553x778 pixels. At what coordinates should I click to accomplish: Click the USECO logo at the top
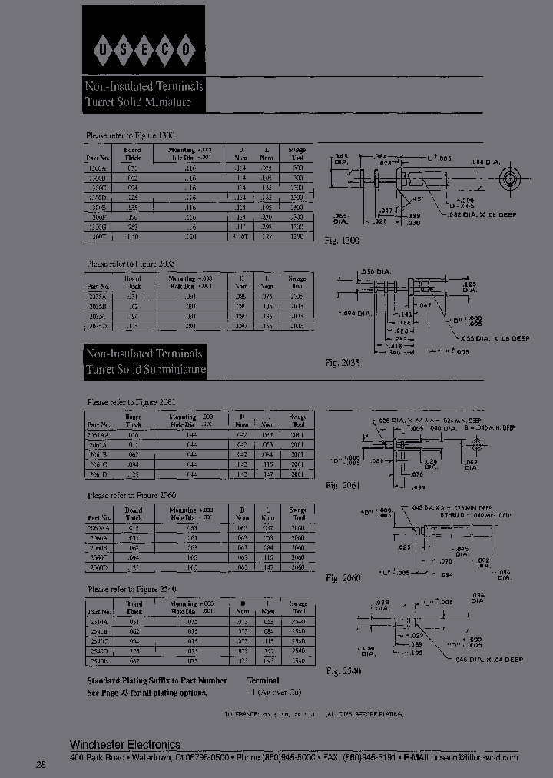pos(144,51)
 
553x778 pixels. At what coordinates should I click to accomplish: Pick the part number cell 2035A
pos(98,295)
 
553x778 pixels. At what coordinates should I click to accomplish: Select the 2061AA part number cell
pos(98,435)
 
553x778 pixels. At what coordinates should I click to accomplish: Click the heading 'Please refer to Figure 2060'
pos(131,496)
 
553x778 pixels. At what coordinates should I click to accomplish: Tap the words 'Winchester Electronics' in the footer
pos(125,744)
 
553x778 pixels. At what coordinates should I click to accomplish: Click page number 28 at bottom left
pos(41,764)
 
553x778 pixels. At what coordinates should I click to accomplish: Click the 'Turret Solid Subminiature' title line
pos(146,370)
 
